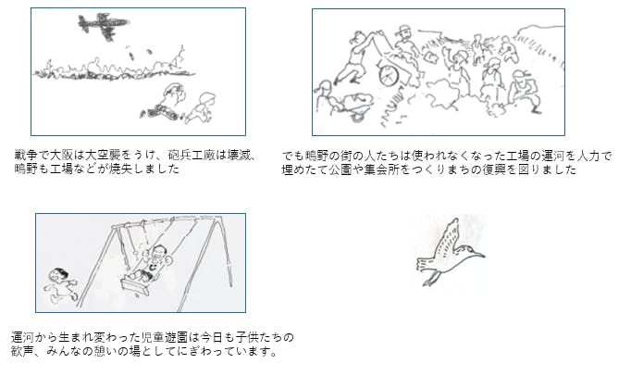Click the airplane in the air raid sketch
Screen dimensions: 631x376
tap(103, 25)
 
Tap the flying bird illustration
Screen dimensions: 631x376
tap(450, 253)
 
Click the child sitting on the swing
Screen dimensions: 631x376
tap(152, 264)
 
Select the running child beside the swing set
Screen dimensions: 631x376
tap(60, 285)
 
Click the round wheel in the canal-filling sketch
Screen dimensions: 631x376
tap(389, 75)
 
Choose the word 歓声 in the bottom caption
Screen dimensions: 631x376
tap(22, 351)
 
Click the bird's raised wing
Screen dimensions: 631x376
tap(448, 237)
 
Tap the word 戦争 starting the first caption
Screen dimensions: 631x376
tap(24, 156)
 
